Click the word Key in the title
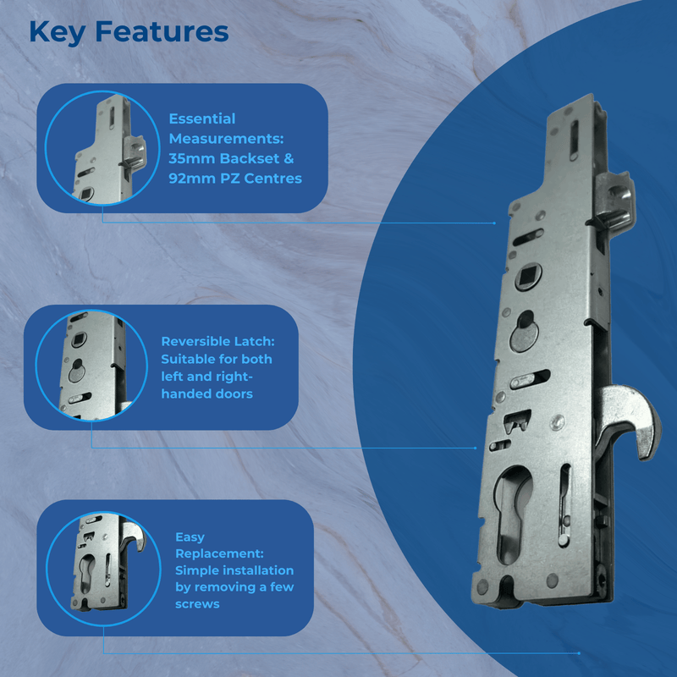point(57,31)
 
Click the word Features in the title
point(161,31)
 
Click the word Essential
point(202,118)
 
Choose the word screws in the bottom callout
point(197,604)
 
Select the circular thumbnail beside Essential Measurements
point(96,149)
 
